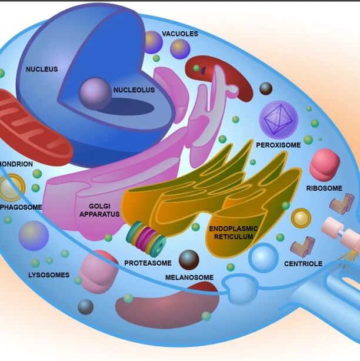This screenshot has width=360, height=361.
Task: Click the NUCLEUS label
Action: [x=42, y=69]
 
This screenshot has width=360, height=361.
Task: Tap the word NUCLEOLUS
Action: [x=134, y=90]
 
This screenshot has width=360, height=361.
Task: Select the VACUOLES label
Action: [x=179, y=34]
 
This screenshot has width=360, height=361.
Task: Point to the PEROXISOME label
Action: [x=278, y=144]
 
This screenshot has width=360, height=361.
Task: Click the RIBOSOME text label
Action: [x=324, y=188]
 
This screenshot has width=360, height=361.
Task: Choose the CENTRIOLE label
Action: [x=303, y=264]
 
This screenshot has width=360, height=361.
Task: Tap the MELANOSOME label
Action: [x=189, y=277]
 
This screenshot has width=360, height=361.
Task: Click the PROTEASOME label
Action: [x=148, y=263]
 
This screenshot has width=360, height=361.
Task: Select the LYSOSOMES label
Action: [x=49, y=275]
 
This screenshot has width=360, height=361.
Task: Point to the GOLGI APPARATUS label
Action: [x=99, y=210]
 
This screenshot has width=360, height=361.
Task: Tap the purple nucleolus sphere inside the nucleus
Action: [x=95, y=92]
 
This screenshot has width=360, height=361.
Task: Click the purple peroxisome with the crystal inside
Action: [x=278, y=120]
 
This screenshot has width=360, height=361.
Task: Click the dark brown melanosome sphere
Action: [x=189, y=259]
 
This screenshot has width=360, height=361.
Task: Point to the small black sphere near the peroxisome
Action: [x=266, y=88]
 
